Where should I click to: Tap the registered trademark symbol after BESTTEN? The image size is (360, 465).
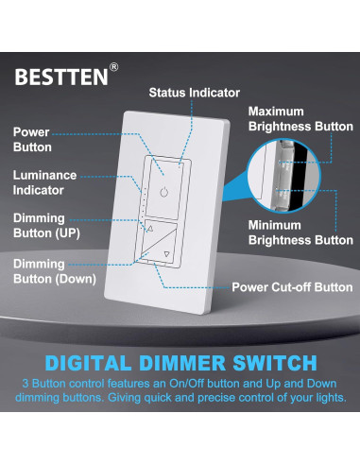tap(114, 67)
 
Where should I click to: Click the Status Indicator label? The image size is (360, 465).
tap(195, 93)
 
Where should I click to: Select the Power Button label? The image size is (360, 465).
tap(32, 140)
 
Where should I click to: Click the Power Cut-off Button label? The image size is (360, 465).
tap(293, 287)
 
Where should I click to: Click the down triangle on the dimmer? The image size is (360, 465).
tap(167, 253)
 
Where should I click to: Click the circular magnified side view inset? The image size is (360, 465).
tap(280, 176)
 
